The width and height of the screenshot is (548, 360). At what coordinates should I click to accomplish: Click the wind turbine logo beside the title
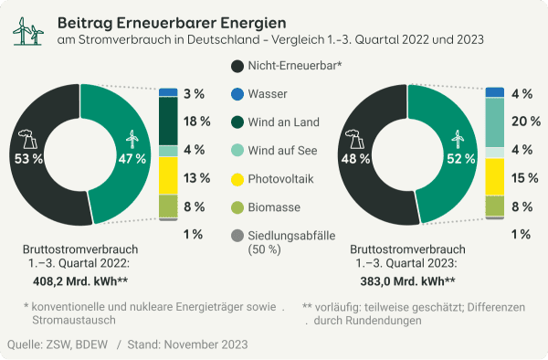click(27, 30)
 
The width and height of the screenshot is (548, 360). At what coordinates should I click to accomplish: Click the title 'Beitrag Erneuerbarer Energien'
click(171, 21)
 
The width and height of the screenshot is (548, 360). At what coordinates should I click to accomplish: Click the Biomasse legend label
click(279, 207)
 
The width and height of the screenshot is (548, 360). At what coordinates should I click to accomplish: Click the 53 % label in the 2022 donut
click(29, 158)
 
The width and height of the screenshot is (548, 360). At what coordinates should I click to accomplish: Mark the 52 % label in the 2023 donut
click(460, 158)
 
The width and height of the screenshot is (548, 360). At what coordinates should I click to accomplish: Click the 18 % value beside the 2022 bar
click(193, 122)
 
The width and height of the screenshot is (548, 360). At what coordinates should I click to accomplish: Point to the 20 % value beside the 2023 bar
click(521, 122)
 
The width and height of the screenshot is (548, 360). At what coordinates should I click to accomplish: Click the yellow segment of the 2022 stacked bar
click(168, 175)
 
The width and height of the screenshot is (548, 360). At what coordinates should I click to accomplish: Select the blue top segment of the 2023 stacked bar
click(495, 92)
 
